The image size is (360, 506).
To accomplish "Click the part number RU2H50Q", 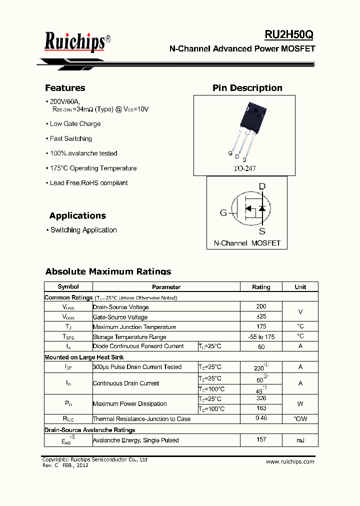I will click(x=289, y=34).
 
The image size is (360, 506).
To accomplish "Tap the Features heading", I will click(x=65, y=88).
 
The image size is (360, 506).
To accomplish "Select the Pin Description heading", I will click(x=247, y=88).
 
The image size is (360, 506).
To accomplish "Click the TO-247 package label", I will click(x=244, y=168).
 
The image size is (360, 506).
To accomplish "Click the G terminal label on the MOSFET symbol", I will click(x=223, y=213).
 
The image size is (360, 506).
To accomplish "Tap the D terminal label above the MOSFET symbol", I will click(x=262, y=187).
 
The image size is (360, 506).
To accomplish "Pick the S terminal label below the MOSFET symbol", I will click(x=262, y=231).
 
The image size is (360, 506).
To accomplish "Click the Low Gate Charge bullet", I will click(x=75, y=124).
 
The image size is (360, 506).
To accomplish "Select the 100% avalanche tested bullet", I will click(x=83, y=153).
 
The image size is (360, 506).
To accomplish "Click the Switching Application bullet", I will click(x=83, y=230).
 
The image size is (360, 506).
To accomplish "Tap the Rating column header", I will click(x=261, y=287).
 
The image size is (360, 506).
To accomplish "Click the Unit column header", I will click(x=300, y=287).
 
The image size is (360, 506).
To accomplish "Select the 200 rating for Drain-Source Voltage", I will click(x=261, y=306).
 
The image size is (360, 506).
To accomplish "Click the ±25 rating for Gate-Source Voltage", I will click(x=261, y=316).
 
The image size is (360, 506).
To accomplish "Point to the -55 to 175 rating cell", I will click(x=261, y=336).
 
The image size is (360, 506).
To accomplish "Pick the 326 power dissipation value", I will click(x=261, y=398).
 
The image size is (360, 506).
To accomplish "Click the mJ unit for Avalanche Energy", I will click(x=300, y=440).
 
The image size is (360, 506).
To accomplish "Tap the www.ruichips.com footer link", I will click(x=290, y=461).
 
